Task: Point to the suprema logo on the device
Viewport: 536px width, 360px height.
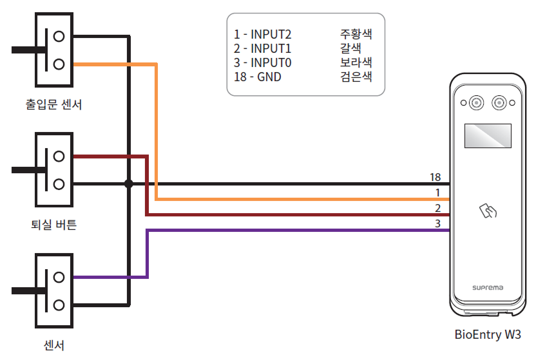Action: tap(487, 287)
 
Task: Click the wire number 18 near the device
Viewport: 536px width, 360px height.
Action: tap(435, 176)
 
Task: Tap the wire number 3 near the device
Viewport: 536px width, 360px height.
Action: tap(437, 223)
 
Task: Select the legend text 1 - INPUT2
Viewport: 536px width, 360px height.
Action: tap(262, 34)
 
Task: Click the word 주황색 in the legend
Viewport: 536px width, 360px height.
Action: tap(356, 33)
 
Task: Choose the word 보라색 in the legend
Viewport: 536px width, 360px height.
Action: tap(356, 62)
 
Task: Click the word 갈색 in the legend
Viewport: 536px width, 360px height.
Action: tap(350, 48)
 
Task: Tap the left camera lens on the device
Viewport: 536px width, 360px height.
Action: tap(476, 103)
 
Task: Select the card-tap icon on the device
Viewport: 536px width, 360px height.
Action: tap(487, 211)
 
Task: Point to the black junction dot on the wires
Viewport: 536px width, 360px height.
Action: tap(128, 184)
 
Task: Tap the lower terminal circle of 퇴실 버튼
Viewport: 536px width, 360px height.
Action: tap(59, 184)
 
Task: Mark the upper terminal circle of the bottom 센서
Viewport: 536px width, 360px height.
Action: tap(59, 277)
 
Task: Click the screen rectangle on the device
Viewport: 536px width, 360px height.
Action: tap(488, 136)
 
